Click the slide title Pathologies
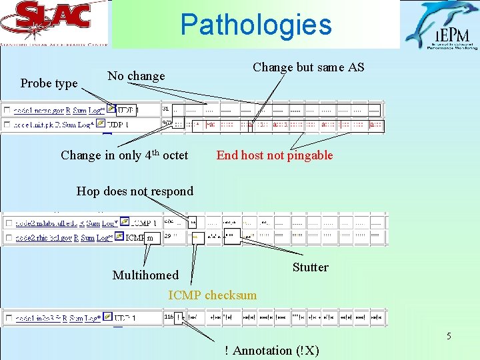[x=255, y=25]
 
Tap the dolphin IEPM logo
[x=440, y=25]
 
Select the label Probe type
[x=49, y=83]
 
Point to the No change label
[x=136, y=76]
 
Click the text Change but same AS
[x=308, y=67]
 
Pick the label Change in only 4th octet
[x=124, y=155]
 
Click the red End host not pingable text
[x=274, y=155]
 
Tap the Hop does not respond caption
[x=135, y=191]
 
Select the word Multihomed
[x=145, y=275]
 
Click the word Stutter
[x=310, y=267]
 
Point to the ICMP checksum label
[x=212, y=295]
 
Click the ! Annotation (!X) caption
[x=271, y=351]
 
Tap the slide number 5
[x=449, y=336]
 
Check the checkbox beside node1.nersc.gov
[x=6, y=109]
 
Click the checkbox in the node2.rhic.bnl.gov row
[x=6, y=237]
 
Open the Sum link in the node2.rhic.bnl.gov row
[x=87, y=237]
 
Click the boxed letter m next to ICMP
[x=150, y=238]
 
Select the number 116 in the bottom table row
[x=168, y=318]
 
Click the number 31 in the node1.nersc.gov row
[x=166, y=108]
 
